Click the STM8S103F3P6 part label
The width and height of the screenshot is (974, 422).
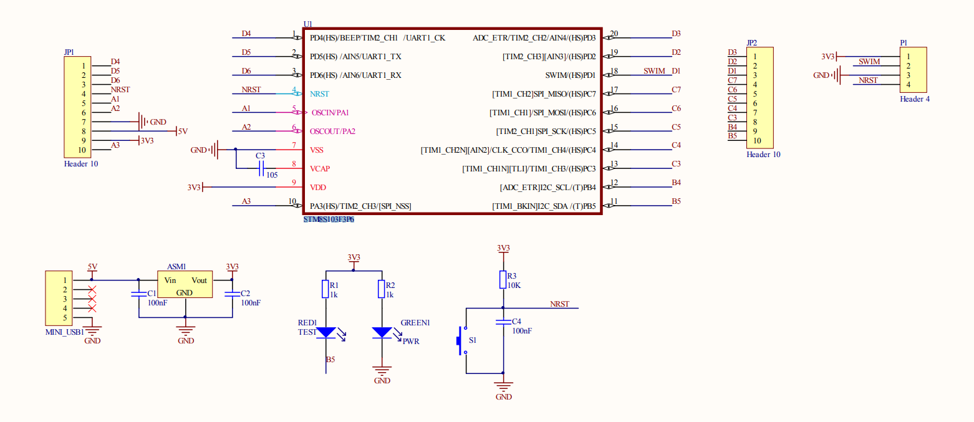click(x=329, y=220)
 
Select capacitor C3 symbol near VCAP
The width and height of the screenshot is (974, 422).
click(x=261, y=168)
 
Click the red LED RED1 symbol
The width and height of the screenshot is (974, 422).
click(x=325, y=333)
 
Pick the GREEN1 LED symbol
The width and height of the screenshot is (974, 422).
click(x=382, y=333)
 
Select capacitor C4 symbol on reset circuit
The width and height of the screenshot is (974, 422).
click(x=503, y=322)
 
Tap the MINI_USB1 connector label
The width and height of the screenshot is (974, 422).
click(x=65, y=332)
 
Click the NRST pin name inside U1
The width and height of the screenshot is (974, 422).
click(x=319, y=94)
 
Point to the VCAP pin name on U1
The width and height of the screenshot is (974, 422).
click(x=321, y=169)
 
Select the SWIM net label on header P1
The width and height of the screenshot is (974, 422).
click(x=869, y=62)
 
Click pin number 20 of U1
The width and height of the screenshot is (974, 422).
click(x=614, y=34)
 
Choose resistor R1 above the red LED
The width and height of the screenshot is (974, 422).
click(x=325, y=289)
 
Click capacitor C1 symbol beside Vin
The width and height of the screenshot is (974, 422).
click(x=138, y=294)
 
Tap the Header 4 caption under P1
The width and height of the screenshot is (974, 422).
click(x=915, y=99)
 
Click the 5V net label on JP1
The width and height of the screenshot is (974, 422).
click(x=183, y=132)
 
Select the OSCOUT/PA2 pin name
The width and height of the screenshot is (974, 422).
click(x=332, y=132)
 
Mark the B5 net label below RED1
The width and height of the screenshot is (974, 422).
click(x=330, y=360)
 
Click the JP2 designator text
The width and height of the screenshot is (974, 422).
click(x=751, y=43)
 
